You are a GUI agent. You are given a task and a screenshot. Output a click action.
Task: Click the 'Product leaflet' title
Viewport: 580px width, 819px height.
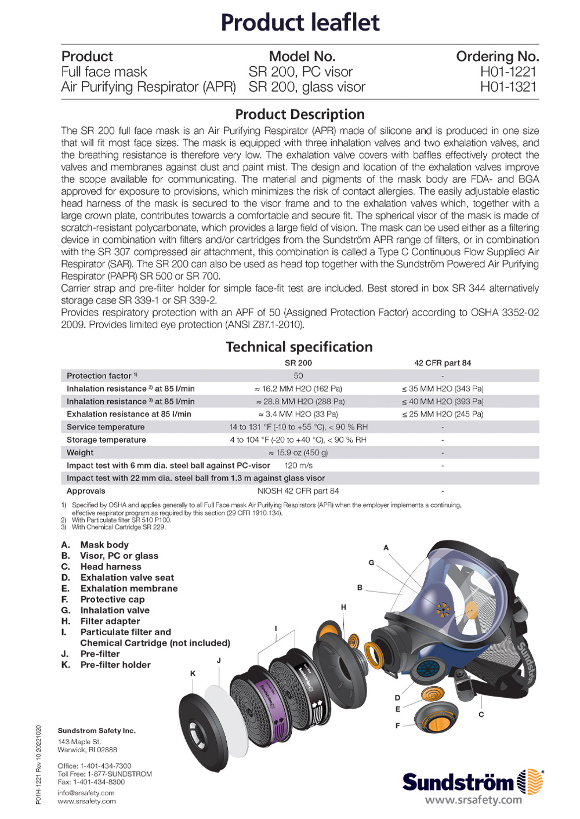point(300,23)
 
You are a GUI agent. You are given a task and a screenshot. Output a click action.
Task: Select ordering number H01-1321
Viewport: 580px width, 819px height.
point(508,87)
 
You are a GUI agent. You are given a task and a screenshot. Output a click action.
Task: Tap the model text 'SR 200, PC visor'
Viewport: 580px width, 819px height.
point(300,72)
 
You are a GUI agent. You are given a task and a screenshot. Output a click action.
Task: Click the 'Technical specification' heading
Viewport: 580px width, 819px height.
point(299,347)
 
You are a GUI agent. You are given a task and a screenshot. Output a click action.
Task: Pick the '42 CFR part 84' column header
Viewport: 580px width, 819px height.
point(443,363)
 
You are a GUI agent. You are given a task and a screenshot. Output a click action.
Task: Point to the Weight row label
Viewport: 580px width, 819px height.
point(80,452)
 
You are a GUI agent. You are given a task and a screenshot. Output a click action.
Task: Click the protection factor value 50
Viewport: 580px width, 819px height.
point(298,376)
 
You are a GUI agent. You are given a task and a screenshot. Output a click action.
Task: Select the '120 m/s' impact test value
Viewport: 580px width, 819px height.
point(298,465)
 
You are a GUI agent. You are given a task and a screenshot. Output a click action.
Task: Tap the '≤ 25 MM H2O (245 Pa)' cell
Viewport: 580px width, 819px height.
point(443,414)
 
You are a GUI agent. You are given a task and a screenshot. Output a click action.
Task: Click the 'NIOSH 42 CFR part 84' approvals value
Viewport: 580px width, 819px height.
point(298,491)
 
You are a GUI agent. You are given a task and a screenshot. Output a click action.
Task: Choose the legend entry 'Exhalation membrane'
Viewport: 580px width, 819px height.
point(129,588)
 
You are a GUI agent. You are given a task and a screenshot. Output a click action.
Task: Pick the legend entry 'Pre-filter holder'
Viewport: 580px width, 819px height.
point(115,665)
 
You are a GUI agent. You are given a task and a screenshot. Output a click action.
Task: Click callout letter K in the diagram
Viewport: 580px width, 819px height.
point(193,673)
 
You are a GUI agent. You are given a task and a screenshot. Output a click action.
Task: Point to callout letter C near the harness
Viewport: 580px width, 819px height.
point(481,714)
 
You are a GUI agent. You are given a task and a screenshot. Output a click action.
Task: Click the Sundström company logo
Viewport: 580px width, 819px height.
point(473,782)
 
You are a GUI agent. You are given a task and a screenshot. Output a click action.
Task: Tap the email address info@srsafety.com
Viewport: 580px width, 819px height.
point(86,793)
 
